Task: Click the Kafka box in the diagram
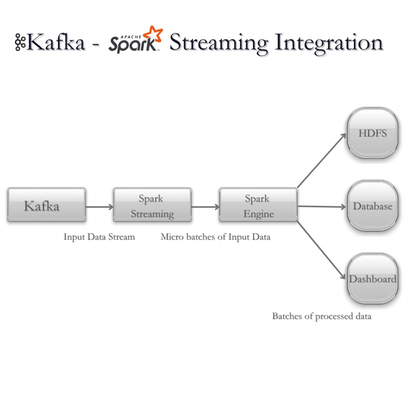[x=46, y=205]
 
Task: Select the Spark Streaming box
[x=152, y=205]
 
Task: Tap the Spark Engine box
[x=258, y=205]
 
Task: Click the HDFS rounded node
[x=372, y=133]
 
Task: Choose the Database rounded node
[x=372, y=206]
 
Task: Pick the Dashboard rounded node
[x=372, y=279]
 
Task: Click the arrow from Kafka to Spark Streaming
[x=99, y=207]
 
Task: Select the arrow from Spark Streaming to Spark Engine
[x=205, y=207]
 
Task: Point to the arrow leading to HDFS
[x=322, y=160]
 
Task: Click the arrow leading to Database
[x=322, y=207]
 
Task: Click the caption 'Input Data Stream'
[x=99, y=237]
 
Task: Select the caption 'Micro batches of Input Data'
[x=215, y=237]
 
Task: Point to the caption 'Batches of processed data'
[x=321, y=316]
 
